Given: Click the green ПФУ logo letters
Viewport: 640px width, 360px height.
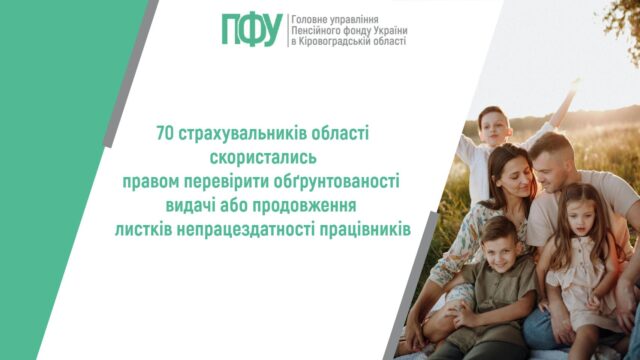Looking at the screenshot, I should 253,30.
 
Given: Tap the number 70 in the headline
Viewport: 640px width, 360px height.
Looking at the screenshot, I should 165,133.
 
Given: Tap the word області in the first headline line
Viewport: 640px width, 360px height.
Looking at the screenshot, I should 340,133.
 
